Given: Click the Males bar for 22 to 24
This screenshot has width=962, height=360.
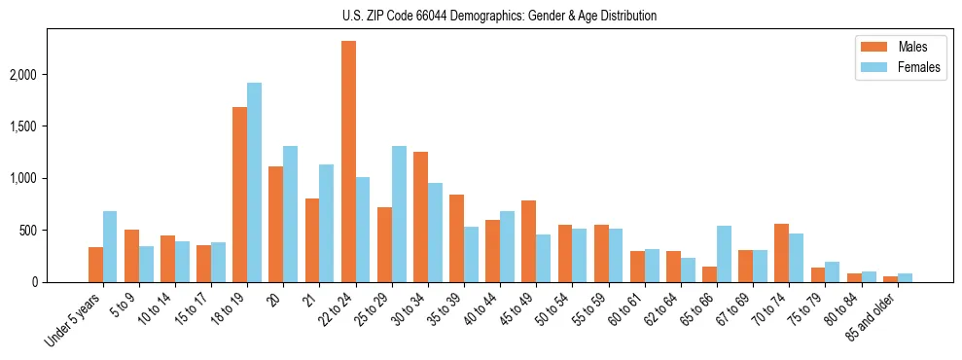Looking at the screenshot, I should coord(348,162).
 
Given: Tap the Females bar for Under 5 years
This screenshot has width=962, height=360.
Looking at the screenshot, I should coord(110,247).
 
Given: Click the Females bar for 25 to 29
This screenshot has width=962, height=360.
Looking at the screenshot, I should coord(399,214).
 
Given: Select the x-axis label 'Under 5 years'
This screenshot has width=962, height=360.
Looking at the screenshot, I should coord(74,322).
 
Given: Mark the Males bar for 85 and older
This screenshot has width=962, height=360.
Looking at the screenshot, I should coord(890,278).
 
